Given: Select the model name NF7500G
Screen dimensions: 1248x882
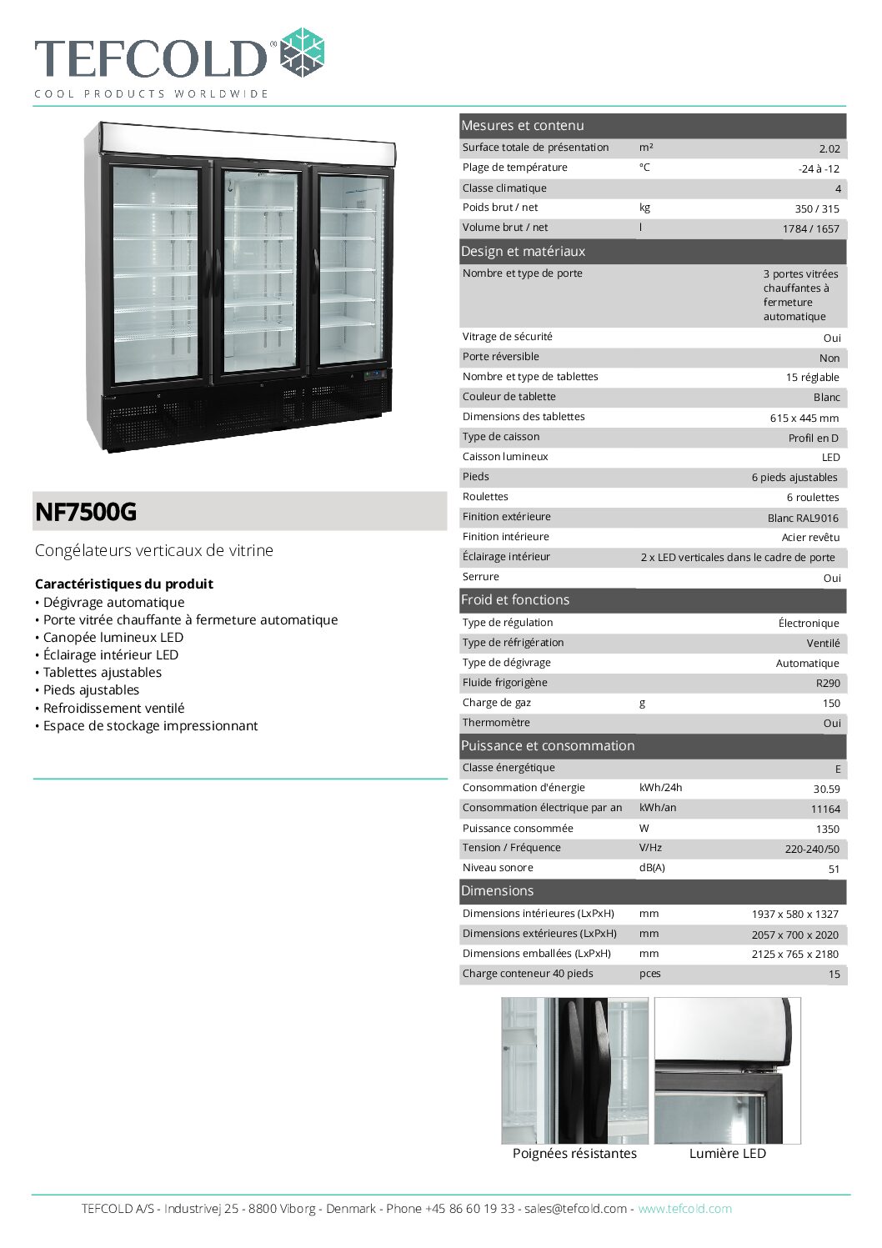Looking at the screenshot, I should pyautogui.click(x=86, y=512).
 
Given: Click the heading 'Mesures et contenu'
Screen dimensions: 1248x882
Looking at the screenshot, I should pyautogui.click(x=523, y=126).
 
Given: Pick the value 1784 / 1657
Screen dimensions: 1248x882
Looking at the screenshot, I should pyautogui.click(x=810, y=228).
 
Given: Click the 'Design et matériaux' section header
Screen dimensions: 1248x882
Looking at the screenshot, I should pyautogui.click(x=524, y=252).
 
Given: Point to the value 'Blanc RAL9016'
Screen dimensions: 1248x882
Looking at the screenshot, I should pyautogui.click(x=803, y=518).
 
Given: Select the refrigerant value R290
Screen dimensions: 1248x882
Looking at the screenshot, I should pyautogui.click(x=828, y=683).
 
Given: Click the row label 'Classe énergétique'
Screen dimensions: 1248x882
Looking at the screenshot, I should pyautogui.click(x=509, y=768).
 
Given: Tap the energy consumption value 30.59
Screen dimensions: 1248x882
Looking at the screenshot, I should pyautogui.click(x=826, y=789).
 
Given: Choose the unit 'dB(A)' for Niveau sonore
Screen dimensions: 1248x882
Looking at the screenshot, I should pyautogui.click(x=652, y=868).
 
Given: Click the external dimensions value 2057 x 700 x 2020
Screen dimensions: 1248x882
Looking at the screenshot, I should pyautogui.click(x=794, y=935).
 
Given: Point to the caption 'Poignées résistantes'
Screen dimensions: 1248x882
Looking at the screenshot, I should pyautogui.click(x=574, y=1154).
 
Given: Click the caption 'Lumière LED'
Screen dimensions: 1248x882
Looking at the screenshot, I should pyautogui.click(x=727, y=1154).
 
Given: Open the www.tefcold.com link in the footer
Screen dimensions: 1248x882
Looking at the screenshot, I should pyautogui.click(x=684, y=1209).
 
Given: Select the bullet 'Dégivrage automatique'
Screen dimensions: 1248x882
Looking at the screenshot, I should pyautogui.click(x=113, y=603).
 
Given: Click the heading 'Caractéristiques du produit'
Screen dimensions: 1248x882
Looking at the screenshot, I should pyautogui.click(x=124, y=584).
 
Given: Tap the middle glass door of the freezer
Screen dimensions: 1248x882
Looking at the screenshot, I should pyautogui.click(x=260, y=271).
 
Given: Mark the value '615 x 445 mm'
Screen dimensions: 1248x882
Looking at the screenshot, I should pyautogui.click(x=804, y=418).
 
